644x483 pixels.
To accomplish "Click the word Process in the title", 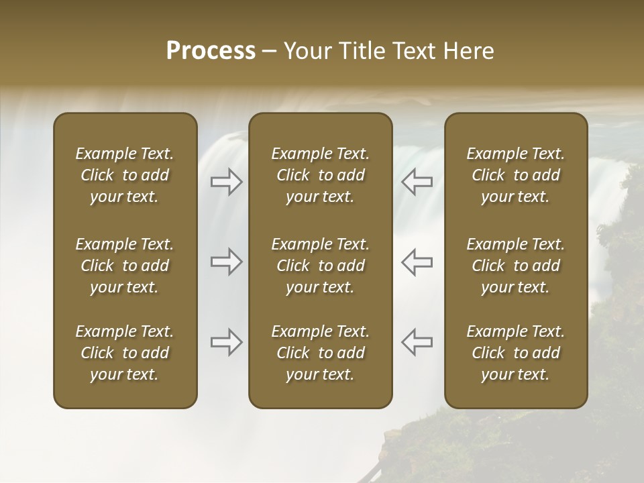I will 211,51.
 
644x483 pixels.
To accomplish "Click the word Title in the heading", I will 360,51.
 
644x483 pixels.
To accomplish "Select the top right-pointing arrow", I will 227,182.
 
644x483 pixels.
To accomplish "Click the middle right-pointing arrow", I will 227,262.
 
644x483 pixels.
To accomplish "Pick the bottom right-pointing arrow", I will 227,342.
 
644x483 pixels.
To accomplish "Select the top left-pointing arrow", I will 417,182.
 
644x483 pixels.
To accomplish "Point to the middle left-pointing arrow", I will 417,262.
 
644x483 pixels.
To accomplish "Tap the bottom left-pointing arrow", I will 417,342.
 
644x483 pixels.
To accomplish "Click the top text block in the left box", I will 125,175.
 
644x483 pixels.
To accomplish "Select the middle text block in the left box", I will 125,266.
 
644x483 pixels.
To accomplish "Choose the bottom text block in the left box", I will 125,353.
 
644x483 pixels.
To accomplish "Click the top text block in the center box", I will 320,175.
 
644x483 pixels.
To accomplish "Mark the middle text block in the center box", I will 320,266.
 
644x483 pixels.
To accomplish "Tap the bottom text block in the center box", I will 320,353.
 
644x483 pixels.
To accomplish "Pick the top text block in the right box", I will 516,175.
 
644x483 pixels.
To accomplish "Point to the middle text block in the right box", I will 516,266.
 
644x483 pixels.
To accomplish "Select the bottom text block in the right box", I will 516,353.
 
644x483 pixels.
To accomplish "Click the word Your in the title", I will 306,51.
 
